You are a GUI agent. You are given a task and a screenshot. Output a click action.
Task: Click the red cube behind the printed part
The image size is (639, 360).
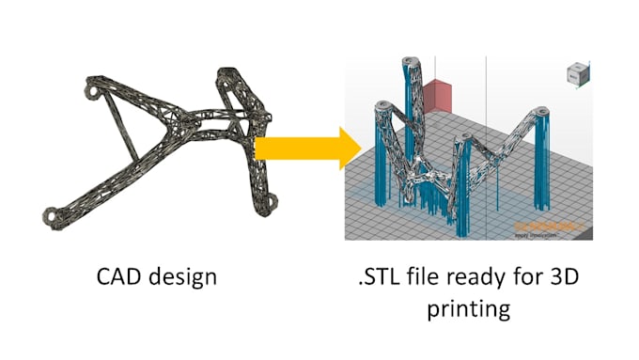(x=437, y=98)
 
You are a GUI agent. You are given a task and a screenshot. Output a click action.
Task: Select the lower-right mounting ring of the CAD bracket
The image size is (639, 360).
(x=273, y=202)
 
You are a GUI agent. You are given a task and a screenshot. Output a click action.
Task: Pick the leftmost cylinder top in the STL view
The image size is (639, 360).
(x=382, y=107)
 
